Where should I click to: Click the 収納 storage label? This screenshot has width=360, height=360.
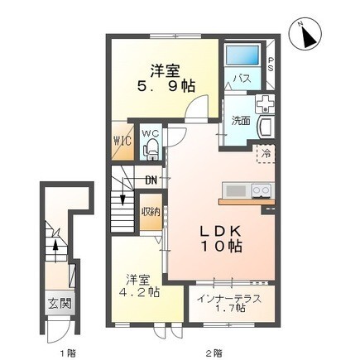(x=150, y=211)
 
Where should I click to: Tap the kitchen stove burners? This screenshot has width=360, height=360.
(x=262, y=191)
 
